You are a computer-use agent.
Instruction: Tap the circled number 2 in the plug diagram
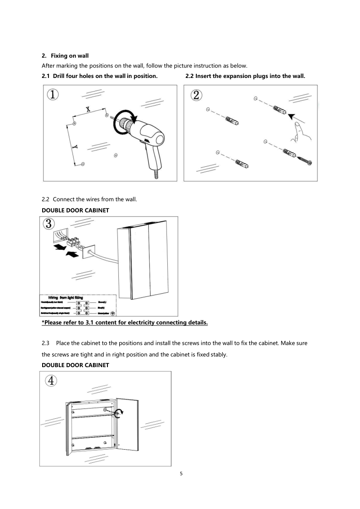coord(197,96)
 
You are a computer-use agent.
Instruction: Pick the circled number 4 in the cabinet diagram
coord(51,381)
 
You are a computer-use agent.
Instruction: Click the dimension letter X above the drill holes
coord(88,109)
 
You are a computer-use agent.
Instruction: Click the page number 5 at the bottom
coord(181,474)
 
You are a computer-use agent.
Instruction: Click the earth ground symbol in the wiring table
coord(112,313)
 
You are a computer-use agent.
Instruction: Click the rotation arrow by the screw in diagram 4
coord(120,412)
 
